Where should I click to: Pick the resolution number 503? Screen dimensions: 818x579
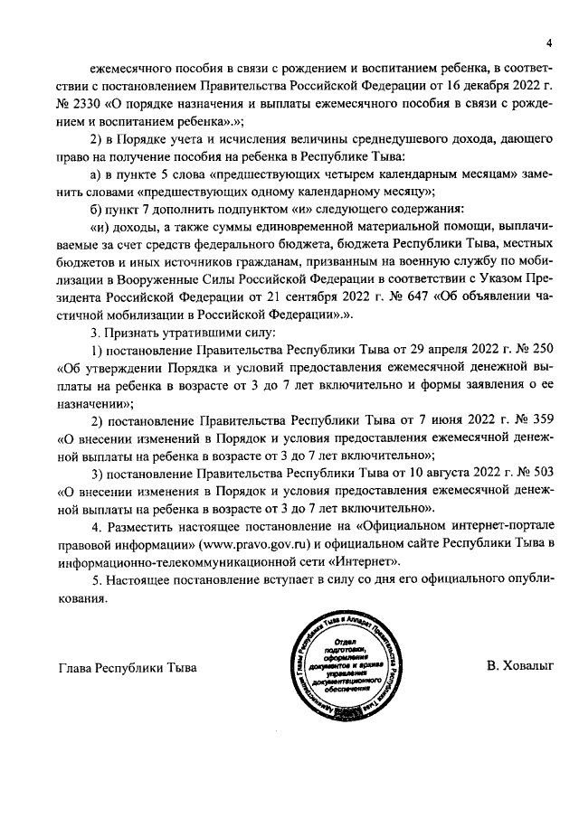coord(539,472)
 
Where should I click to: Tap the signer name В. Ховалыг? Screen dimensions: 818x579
coord(518,668)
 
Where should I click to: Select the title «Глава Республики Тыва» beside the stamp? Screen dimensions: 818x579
coord(127,669)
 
